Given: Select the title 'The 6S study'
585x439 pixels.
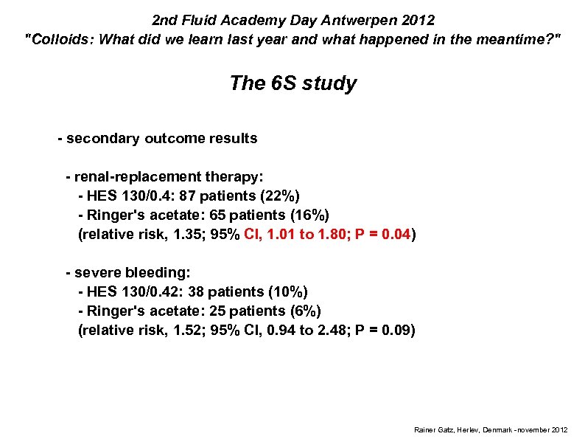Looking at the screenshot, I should (x=292, y=83).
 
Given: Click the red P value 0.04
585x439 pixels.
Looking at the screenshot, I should (x=396, y=235).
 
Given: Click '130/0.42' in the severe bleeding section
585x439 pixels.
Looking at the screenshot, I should (x=152, y=291).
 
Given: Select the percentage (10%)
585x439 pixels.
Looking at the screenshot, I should (x=288, y=291).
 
